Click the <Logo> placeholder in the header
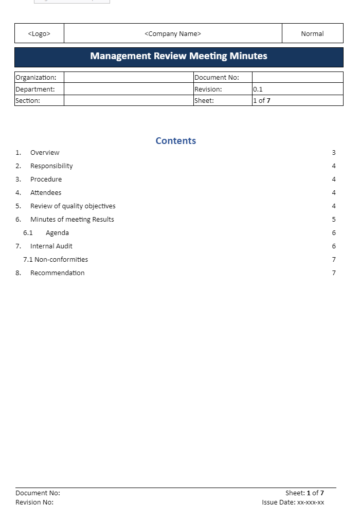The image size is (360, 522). click(x=39, y=34)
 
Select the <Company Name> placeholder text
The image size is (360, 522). click(x=173, y=34)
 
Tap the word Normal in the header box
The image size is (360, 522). click(x=312, y=34)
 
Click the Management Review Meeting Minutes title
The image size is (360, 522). click(x=178, y=56)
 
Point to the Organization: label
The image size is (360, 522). click(x=36, y=77)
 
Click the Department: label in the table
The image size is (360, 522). click(x=35, y=89)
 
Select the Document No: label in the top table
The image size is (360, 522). click(x=217, y=77)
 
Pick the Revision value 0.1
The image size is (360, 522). click(x=258, y=89)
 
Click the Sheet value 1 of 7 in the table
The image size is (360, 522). click(x=262, y=101)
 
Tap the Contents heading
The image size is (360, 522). click(x=176, y=141)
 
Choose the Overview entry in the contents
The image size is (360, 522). click(x=45, y=153)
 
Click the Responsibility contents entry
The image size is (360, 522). click(x=51, y=166)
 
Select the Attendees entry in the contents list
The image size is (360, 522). click(x=46, y=193)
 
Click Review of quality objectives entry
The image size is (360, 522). click(x=73, y=206)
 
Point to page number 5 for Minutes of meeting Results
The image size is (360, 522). click(x=334, y=220)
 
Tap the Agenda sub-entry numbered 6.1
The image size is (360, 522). click(x=57, y=233)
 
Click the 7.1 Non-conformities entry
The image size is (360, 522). click(x=56, y=260)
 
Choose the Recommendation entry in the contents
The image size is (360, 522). click(x=57, y=273)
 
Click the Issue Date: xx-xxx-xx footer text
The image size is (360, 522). click(x=293, y=502)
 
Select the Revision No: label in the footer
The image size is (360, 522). click(x=34, y=502)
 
